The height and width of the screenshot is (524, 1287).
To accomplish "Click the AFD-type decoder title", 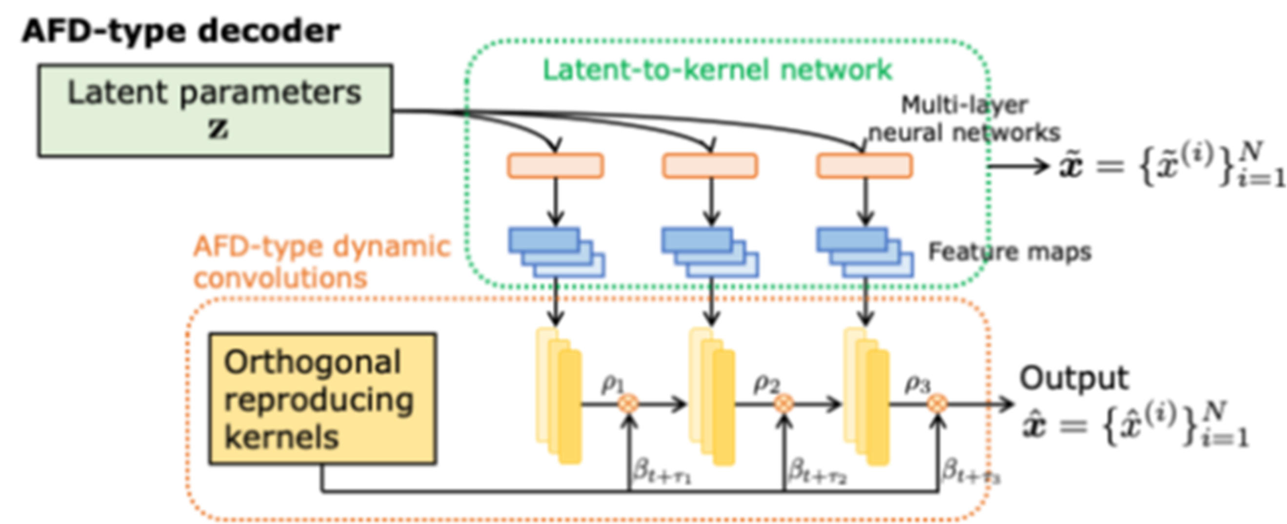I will (x=181, y=31).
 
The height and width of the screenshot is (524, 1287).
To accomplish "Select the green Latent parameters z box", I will (x=215, y=110).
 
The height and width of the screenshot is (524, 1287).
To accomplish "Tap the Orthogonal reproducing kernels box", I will (x=322, y=399).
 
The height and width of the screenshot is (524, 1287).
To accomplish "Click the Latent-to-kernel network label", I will (x=717, y=69).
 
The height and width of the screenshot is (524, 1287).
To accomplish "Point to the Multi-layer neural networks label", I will (x=964, y=119).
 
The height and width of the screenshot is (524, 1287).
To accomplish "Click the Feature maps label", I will (x=1009, y=252).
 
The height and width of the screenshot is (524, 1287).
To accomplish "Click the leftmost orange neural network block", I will (x=556, y=166).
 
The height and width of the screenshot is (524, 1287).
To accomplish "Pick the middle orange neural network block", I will (x=710, y=166).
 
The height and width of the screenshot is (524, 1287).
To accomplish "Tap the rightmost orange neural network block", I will (x=865, y=166).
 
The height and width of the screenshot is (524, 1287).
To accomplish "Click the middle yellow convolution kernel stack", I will (x=712, y=397).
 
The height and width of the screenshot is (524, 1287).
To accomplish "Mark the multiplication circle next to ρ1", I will (x=628, y=403).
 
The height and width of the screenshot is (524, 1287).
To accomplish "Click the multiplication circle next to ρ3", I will (x=937, y=403).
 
